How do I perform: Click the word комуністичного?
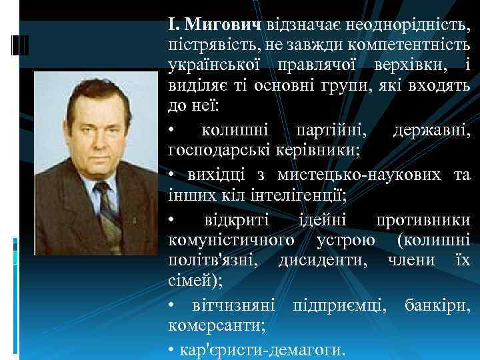pos(231,240)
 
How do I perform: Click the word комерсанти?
pos(217,327)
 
